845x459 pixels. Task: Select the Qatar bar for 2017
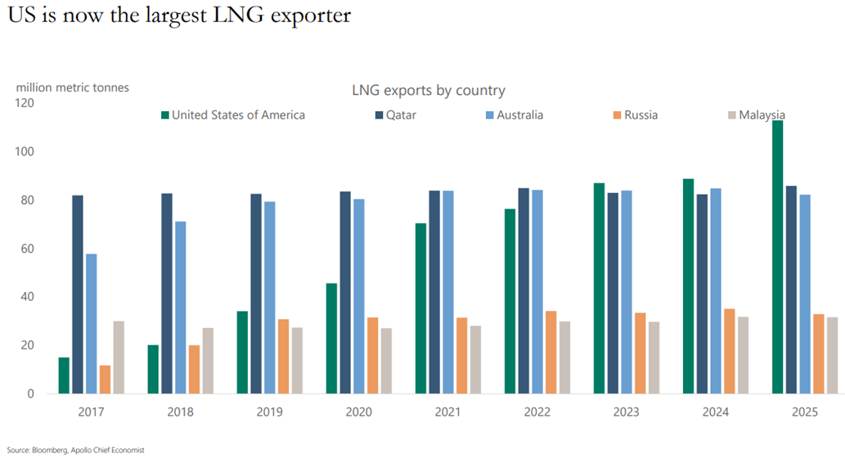tap(78, 295)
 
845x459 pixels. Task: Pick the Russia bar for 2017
tap(105, 380)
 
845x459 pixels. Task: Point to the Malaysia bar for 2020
tap(386, 361)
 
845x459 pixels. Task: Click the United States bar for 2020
tap(331, 339)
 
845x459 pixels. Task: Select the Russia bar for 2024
tap(730, 351)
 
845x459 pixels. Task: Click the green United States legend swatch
tap(164, 115)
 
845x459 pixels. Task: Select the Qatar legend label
tap(402, 115)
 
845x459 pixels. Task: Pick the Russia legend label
tap(640, 115)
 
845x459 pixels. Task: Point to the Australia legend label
tap(519, 115)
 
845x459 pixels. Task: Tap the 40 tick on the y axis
tap(28, 297)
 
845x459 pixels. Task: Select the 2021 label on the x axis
tap(448, 412)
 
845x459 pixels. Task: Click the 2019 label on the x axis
tap(269, 412)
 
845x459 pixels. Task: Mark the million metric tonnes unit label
tap(73, 88)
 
